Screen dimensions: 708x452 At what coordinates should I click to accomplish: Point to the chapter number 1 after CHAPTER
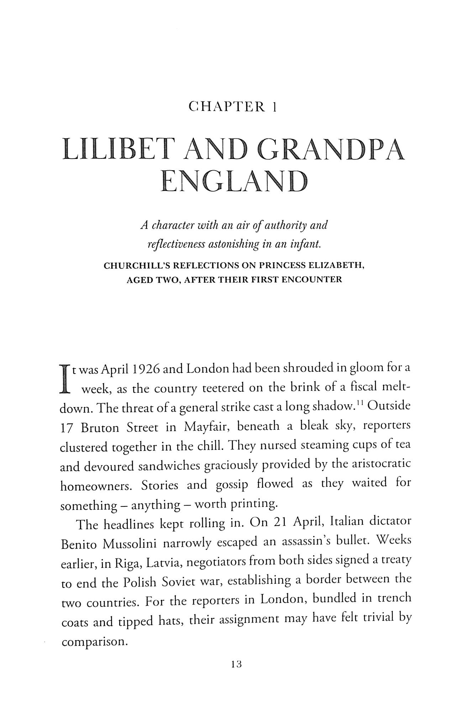point(274,107)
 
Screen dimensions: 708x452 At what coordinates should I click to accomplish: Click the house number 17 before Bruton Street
point(67,428)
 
